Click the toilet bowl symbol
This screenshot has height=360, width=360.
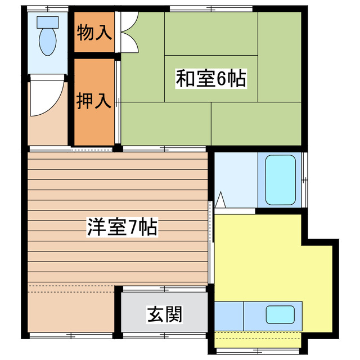(x=47, y=40)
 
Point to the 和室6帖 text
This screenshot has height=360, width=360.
(x=211, y=79)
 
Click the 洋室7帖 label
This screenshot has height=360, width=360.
(x=121, y=228)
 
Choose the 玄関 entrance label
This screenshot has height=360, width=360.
(x=165, y=314)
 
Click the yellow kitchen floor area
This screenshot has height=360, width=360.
(x=259, y=259)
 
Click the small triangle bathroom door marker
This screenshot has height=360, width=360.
(x=220, y=199)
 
